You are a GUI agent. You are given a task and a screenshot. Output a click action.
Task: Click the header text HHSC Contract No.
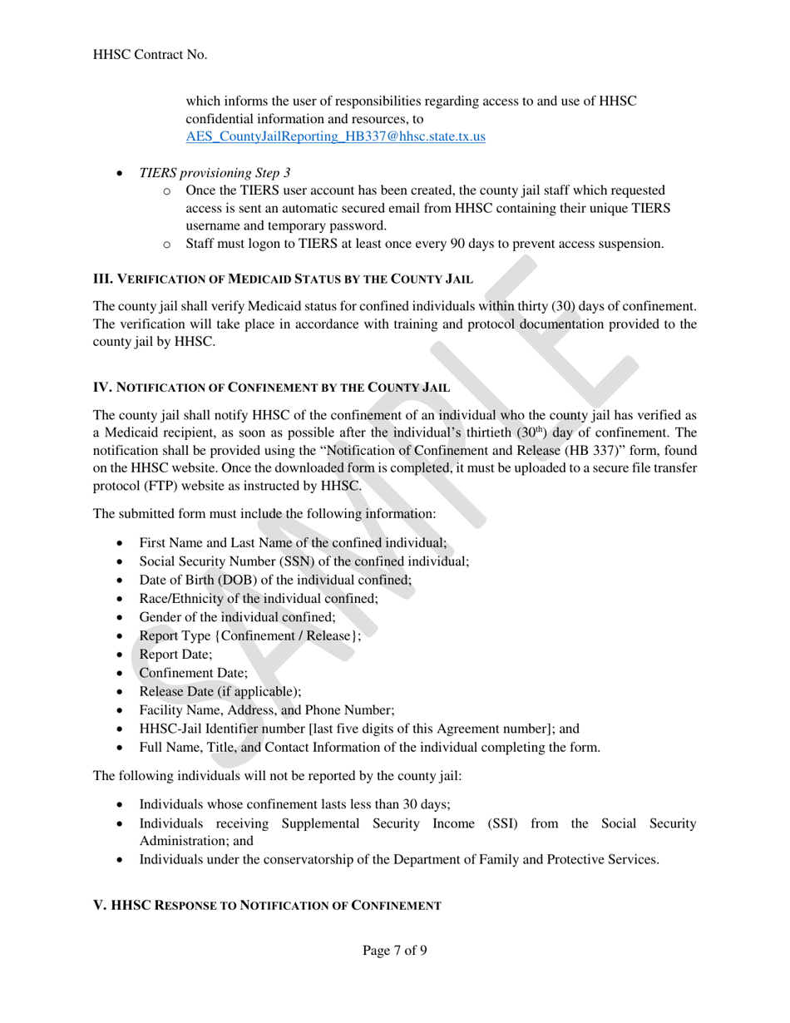[151, 54]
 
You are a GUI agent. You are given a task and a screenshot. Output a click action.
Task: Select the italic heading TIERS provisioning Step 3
[215, 173]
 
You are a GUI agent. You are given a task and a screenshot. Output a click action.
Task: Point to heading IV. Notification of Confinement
[272, 387]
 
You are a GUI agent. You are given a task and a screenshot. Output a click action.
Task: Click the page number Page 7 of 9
[395, 951]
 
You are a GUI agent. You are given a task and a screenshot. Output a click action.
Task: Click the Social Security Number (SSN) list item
[304, 561]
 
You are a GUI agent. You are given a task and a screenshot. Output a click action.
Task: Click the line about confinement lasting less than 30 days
[295, 804]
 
